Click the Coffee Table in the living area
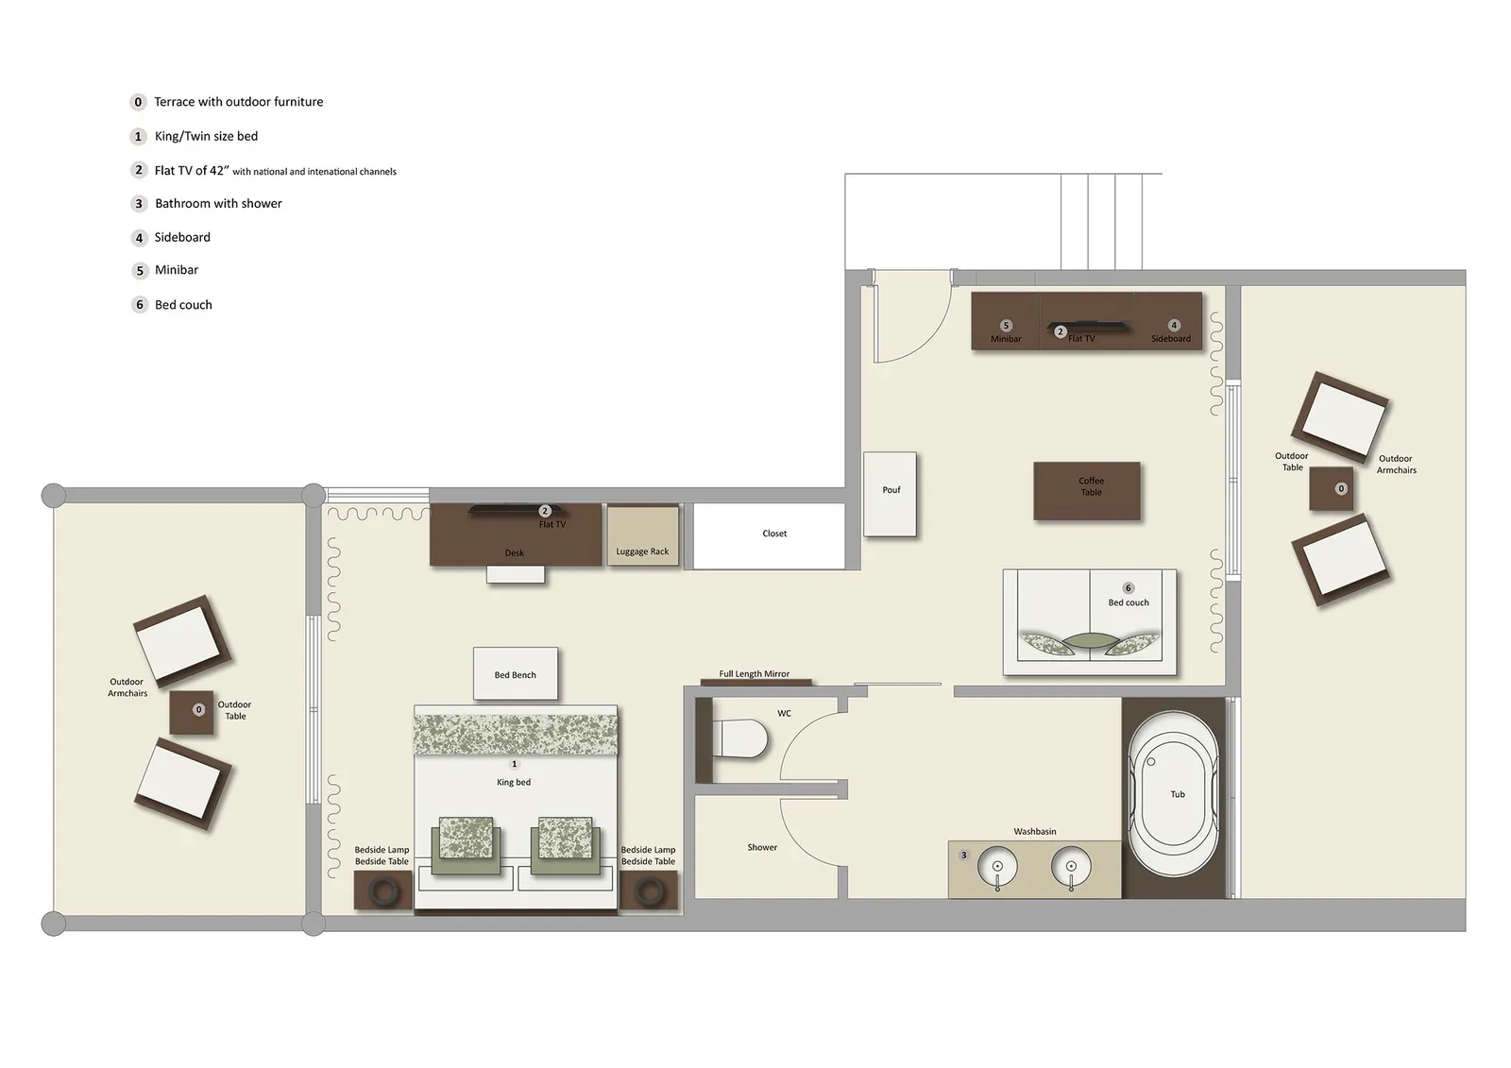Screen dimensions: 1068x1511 (1086, 491)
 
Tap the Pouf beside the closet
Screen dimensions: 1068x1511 (890, 495)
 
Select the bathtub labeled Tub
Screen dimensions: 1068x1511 (1176, 795)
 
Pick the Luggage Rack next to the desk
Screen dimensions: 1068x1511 (642, 536)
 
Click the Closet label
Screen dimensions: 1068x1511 (774, 534)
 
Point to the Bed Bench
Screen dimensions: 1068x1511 (515, 673)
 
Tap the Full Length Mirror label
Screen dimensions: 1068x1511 (754, 673)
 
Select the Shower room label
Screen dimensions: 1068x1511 (762, 847)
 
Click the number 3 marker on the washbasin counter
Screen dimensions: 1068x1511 (963, 856)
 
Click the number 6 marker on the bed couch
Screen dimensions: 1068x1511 (1128, 588)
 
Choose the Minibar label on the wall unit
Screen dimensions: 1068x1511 (1006, 338)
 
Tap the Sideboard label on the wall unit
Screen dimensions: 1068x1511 (1170, 338)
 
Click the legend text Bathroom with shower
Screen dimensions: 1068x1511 (218, 203)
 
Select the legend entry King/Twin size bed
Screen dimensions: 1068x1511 (206, 136)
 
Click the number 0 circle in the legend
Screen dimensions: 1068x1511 (138, 102)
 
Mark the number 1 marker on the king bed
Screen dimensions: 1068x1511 (515, 764)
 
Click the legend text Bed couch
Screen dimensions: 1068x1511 (183, 305)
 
